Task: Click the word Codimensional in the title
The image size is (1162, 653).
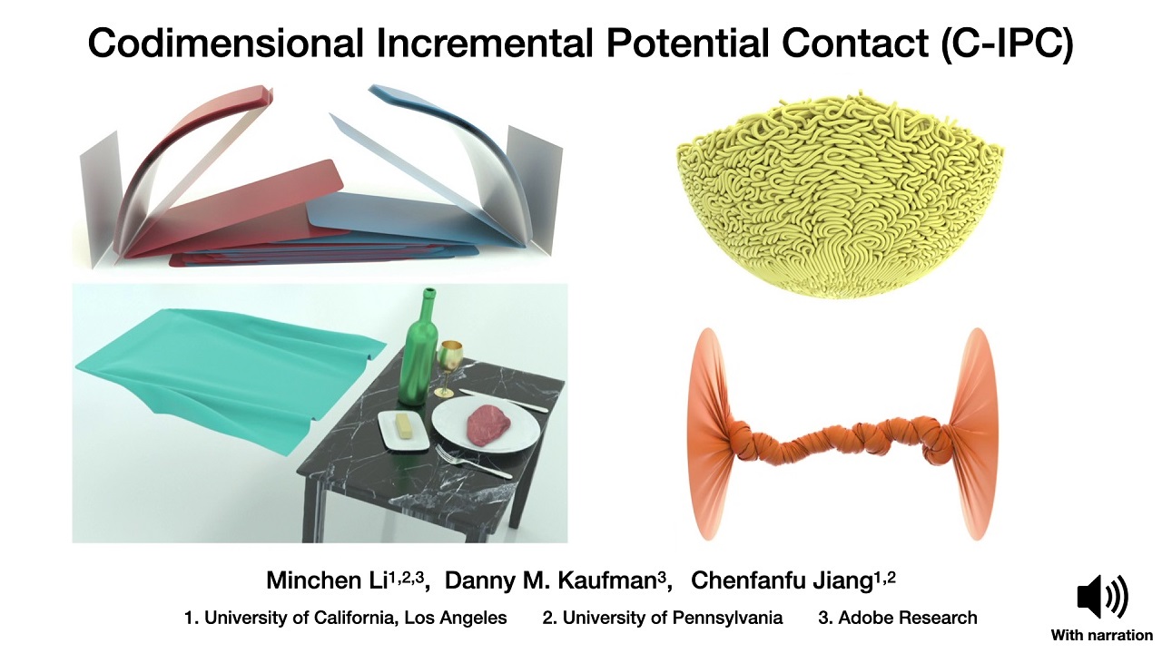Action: coord(226,44)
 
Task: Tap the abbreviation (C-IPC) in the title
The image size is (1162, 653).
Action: coord(1007,44)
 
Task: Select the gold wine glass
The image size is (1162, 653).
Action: coord(448,367)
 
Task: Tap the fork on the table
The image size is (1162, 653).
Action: coord(473,463)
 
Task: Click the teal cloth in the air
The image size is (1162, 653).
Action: coord(228,373)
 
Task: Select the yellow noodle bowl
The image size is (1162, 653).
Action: coord(841,194)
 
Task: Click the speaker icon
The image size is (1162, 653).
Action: coord(1102,597)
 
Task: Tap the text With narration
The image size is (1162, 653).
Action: coord(1102,636)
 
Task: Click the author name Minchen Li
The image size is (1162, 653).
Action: coord(327,580)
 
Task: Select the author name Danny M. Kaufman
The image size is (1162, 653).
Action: coord(551,580)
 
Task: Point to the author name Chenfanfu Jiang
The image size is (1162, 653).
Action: coord(782,580)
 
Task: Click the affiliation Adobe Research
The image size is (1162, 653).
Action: coord(907,618)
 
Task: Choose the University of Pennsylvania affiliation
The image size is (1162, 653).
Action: coord(673,618)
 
